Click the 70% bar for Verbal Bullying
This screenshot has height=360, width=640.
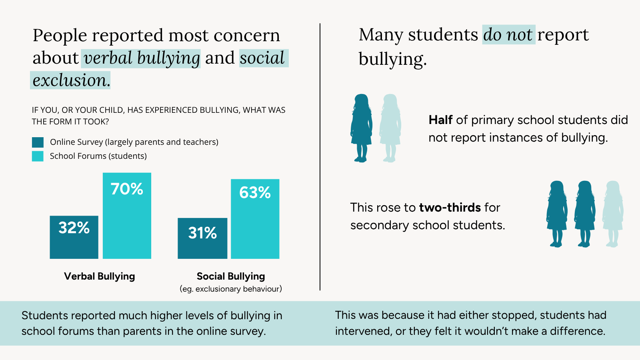pos(127,216)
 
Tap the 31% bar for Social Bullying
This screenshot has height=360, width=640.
pos(202,238)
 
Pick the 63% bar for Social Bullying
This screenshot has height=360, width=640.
pos(255,219)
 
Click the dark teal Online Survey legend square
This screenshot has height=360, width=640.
pos(38,142)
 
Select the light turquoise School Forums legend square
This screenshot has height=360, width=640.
pos(38,156)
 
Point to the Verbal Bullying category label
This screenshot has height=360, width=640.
pos(100,276)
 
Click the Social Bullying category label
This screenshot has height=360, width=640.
pos(231,276)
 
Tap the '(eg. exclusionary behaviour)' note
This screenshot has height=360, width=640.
pos(231,289)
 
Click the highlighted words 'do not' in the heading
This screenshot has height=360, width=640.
pos(508,35)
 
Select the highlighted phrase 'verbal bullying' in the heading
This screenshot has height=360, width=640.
pos(142,58)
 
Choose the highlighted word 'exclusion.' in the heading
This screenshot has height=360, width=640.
pos(71,80)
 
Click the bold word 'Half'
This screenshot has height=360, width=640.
pos(440,120)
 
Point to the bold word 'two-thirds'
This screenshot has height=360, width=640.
pos(450,208)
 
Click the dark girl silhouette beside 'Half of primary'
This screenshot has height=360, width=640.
pos(361,128)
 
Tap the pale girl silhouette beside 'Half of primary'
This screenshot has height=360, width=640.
pos(390,128)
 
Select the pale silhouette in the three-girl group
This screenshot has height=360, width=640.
pos(613,214)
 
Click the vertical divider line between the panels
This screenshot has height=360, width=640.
pos(320,156)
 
